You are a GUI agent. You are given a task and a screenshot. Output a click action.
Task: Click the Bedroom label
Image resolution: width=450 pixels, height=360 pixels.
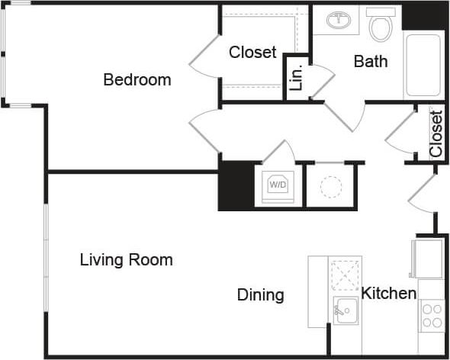[137, 79]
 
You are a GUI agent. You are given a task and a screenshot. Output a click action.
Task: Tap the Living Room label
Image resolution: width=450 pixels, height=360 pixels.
[126, 260]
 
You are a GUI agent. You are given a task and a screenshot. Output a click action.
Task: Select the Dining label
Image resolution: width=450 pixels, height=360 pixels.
[260, 295]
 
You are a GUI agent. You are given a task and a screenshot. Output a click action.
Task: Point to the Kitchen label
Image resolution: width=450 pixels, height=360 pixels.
[388, 294]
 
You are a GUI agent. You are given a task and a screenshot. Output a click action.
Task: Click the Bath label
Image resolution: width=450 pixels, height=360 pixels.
[370, 62]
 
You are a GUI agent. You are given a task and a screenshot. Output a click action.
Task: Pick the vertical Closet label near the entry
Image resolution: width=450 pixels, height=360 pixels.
[436, 134]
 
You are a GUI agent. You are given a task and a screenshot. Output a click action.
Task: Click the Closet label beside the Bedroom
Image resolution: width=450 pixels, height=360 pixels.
[252, 53]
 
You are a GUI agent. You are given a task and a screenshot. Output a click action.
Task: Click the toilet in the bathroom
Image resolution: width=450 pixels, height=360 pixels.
[379, 26]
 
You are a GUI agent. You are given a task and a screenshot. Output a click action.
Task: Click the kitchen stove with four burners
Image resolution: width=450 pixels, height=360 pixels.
[432, 315]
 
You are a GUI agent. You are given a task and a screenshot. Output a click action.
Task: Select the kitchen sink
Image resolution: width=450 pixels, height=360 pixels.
[345, 310]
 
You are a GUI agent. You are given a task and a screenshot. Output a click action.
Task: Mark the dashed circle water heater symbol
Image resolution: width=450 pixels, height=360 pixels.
[331, 187]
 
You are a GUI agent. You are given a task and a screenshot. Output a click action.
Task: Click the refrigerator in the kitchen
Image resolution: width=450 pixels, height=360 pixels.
[426, 258]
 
